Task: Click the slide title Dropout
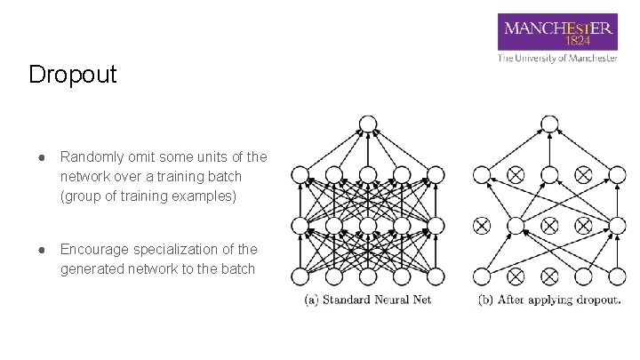click(x=72, y=75)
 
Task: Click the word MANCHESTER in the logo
click(x=557, y=28)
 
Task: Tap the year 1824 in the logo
click(x=579, y=41)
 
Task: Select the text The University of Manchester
click(x=557, y=58)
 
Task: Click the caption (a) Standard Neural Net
click(x=368, y=300)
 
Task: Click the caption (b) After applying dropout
click(x=549, y=300)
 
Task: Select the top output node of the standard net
click(x=367, y=124)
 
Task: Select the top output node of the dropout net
click(x=549, y=124)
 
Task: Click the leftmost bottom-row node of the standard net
click(x=300, y=276)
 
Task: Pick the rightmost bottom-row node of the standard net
click(x=436, y=276)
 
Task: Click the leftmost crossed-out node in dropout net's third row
click(x=481, y=226)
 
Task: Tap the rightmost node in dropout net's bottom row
click(x=617, y=276)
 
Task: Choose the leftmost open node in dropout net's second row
click(x=481, y=174)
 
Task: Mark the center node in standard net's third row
click(x=367, y=226)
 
